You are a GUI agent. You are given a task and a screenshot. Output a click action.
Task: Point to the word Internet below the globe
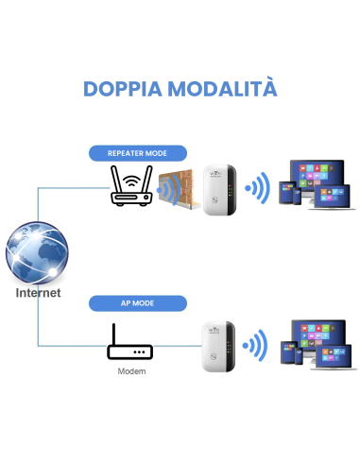pos(38,293)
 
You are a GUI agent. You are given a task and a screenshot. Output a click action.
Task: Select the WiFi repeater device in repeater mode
pos(217,187)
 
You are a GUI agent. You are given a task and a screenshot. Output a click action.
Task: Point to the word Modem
pos(130,371)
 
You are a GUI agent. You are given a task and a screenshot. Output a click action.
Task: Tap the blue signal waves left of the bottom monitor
pos(254,346)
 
